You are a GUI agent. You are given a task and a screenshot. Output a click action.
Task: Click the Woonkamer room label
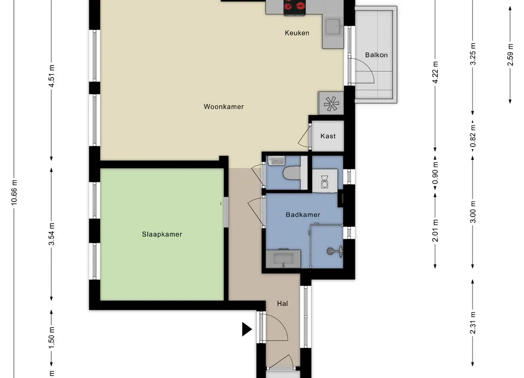(224, 107)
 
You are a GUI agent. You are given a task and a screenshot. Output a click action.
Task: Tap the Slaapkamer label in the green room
(162, 235)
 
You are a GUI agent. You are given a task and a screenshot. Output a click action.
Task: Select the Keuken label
(297, 33)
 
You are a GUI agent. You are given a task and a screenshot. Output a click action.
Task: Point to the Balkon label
(376, 55)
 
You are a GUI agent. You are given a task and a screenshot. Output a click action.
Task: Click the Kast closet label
(328, 136)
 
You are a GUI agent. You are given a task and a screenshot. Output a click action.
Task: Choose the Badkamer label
(303, 214)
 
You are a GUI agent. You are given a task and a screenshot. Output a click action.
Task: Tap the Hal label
(282, 303)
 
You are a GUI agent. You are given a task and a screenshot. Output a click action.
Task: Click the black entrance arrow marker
(247, 329)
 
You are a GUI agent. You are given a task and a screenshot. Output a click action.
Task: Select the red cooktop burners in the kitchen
(294, 5)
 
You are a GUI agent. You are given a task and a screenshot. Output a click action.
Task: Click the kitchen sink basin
(333, 27)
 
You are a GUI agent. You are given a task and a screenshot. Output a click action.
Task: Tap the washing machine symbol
(324, 181)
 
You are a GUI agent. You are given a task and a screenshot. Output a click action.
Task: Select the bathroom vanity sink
(283, 258)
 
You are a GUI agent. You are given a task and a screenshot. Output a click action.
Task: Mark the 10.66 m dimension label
(14, 192)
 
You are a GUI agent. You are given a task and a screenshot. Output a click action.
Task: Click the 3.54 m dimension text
(51, 234)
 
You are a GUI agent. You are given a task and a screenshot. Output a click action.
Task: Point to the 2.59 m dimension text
(510, 55)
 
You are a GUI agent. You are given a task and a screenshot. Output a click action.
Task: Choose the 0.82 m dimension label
(473, 136)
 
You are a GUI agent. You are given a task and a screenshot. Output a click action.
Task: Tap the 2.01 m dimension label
(435, 230)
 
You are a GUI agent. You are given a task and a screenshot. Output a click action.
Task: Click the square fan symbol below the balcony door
(331, 104)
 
